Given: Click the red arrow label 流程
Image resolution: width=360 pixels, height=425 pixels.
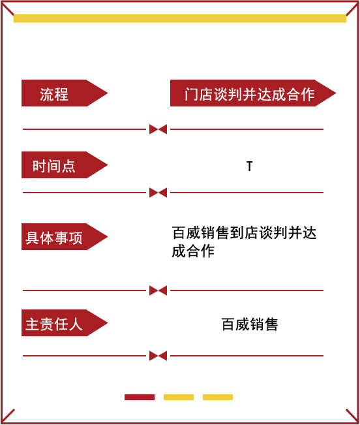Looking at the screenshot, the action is coord(65,93).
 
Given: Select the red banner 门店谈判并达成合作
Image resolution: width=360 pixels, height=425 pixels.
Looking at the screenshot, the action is coord(253,93).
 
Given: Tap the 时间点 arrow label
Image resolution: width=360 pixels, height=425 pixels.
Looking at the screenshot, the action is coord(65,165).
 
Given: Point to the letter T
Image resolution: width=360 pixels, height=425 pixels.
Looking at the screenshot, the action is coord(250,166).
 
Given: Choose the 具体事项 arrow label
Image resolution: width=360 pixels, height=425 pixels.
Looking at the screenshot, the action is coord(65,236).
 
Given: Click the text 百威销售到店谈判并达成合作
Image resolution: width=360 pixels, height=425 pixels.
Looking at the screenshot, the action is coord(244,242).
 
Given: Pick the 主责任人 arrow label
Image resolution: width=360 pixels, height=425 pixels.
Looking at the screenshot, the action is coord(65,323).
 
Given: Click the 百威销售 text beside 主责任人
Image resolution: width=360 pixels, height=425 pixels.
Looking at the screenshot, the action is coord(250,324).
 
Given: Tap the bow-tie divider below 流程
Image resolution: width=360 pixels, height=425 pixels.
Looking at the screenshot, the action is coord(158,129).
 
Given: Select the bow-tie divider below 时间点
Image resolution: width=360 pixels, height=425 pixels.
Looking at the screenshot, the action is coord(158,193).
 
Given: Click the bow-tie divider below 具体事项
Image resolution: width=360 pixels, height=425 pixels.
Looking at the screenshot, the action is coord(158,291).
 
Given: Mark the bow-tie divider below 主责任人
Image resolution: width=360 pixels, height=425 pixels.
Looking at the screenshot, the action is coord(158,356).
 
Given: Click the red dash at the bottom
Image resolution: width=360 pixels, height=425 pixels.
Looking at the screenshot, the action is coord(140,398).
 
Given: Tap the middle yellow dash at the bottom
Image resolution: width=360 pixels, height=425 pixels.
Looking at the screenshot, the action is coord(179,398).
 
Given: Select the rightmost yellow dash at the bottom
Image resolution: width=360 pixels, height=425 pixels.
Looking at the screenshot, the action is coord(218,398).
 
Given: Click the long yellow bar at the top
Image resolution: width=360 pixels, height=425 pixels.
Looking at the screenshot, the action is coord(180,18).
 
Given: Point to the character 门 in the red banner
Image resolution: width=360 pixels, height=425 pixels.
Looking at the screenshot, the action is coord(192,94).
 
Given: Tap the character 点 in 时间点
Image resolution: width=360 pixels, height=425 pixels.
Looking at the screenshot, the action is coord(68,166).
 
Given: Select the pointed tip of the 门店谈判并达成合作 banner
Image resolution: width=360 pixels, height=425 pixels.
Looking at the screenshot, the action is coord(336,93).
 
